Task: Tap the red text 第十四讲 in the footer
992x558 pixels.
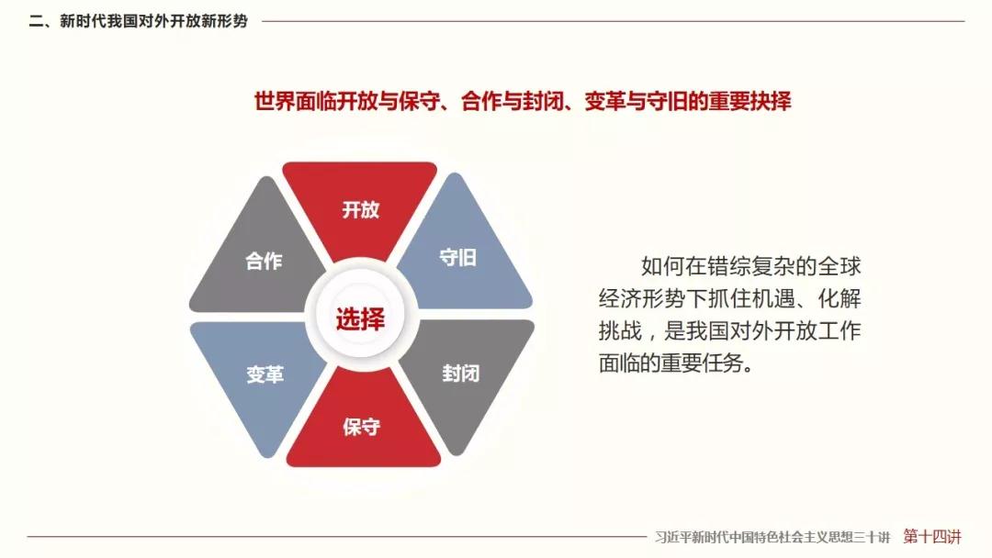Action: pos(932,537)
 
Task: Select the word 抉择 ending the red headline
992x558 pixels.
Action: pos(771,101)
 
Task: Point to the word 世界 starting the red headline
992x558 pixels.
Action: pos(275,101)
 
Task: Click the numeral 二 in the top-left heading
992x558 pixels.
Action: pos(36,21)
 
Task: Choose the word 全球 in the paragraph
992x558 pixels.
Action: pos(840,266)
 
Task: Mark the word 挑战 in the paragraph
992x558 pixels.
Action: pos(620,330)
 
